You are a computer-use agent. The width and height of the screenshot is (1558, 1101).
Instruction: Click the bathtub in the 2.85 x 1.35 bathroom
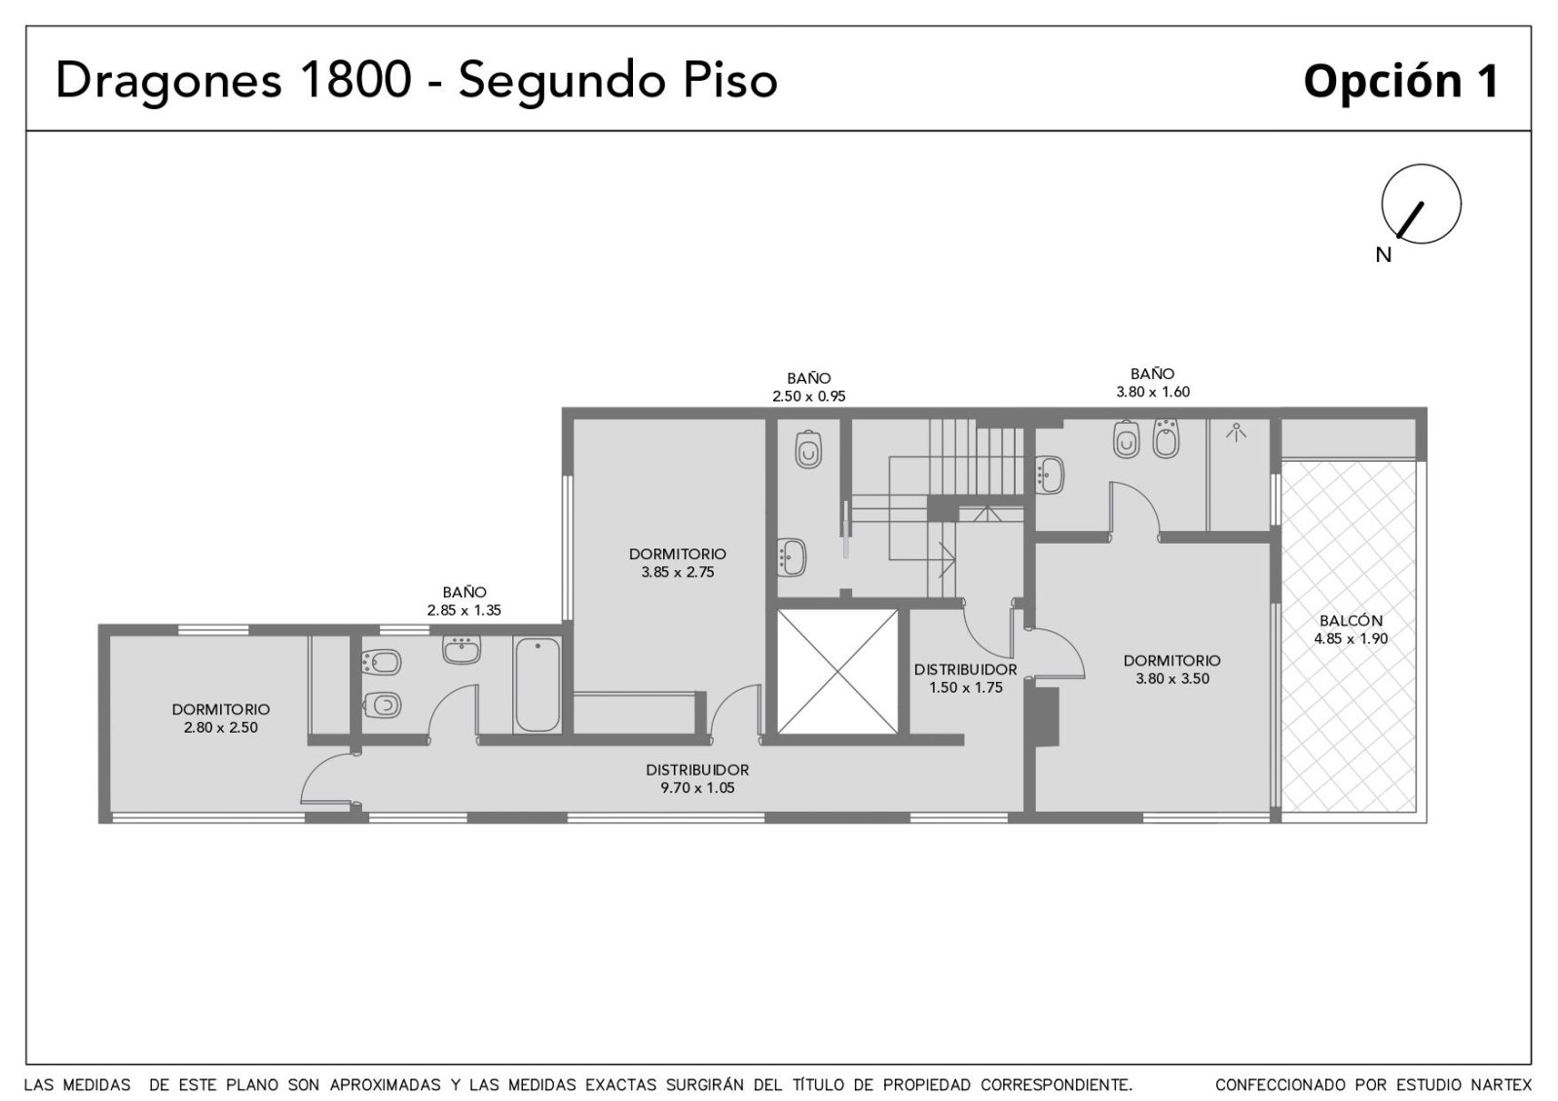click(538, 685)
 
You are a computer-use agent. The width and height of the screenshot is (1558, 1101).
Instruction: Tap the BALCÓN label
click(1351, 620)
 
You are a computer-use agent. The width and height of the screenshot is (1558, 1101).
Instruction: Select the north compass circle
click(1421, 204)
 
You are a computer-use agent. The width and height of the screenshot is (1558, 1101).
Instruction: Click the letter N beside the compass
click(1384, 255)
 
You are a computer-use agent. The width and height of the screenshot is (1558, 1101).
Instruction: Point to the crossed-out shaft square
click(837, 671)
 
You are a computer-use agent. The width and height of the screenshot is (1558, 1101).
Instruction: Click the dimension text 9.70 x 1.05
click(697, 788)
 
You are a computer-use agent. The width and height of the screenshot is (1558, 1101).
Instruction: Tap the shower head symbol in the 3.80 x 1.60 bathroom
click(1236, 433)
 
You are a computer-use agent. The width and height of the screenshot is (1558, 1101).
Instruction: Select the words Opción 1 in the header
click(1401, 82)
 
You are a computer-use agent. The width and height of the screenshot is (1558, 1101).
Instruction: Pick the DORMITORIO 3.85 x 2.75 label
click(678, 563)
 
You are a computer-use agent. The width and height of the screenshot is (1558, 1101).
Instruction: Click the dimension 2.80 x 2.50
click(220, 727)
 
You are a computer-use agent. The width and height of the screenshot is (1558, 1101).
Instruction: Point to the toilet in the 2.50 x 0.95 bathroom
click(808, 449)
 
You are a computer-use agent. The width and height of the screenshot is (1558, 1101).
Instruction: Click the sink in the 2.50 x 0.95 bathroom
click(792, 557)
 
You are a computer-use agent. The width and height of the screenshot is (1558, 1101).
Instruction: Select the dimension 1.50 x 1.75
click(966, 688)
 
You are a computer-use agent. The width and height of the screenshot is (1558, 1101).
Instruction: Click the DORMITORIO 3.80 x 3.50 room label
click(1172, 668)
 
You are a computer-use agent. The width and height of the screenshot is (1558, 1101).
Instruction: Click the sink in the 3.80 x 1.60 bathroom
click(1051, 475)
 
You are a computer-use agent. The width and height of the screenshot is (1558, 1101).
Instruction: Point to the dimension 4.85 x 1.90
click(1351, 638)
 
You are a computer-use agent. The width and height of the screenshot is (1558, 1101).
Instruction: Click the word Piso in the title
click(730, 79)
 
